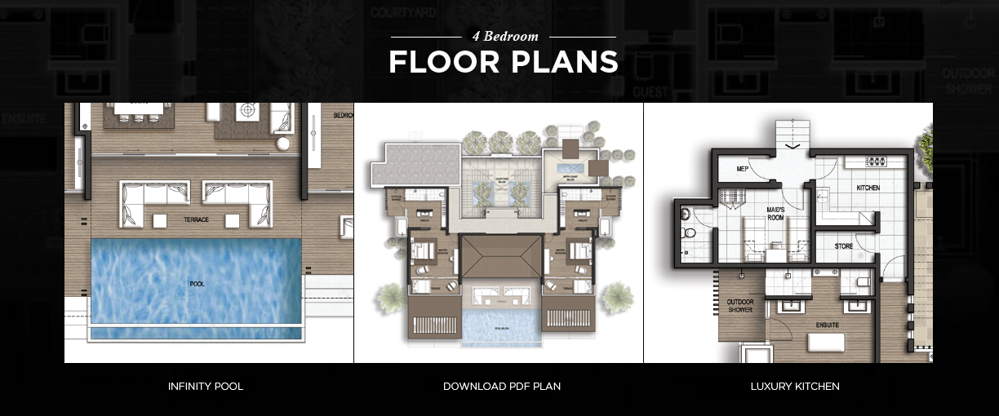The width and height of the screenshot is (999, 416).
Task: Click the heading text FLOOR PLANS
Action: pos(503,63)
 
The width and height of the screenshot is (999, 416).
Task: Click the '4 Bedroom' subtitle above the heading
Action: pos(503,38)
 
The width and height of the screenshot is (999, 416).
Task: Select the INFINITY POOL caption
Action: pos(205,386)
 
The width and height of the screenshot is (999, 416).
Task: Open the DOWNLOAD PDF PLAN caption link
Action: pos(501,386)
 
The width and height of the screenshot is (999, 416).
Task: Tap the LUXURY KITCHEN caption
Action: pos(794,386)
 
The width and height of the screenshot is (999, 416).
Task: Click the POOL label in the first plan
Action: pos(197,284)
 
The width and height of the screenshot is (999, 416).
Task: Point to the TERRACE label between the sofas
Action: pos(196,220)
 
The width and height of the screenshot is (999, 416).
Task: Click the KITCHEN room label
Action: pos(868,188)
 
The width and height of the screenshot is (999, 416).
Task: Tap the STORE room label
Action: pos(844,246)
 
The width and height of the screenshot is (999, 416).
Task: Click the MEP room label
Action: pos(742,170)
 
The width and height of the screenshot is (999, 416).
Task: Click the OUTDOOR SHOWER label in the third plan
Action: pos(739,305)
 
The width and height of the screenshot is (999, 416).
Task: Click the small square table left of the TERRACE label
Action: pos(160,220)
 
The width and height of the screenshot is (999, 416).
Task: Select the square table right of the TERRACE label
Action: pos(233,220)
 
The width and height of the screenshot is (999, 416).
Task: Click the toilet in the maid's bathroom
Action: pos(690,232)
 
